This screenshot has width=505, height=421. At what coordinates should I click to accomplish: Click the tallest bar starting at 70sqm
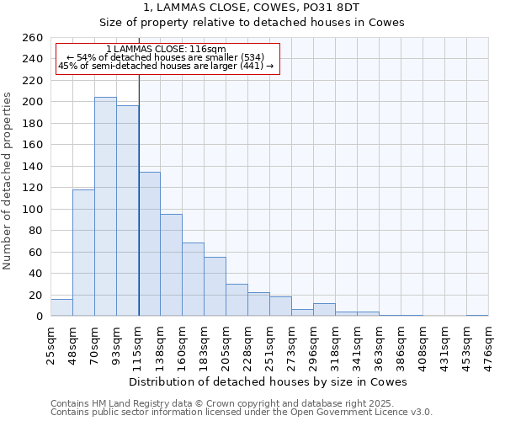click(x=105, y=206)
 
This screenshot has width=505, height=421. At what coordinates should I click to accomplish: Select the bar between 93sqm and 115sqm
click(x=127, y=210)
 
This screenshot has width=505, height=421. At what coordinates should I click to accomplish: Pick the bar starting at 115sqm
click(x=149, y=244)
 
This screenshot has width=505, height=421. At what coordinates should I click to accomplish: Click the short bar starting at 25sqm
click(x=61, y=308)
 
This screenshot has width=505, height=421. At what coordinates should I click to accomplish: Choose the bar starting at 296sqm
click(x=324, y=310)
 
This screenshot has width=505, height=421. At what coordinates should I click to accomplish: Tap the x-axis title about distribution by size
click(x=268, y=382)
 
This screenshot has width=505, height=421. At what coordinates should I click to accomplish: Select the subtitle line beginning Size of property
click(x=252, y=23)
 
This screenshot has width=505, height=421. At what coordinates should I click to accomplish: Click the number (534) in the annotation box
click(x=252, y=57)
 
